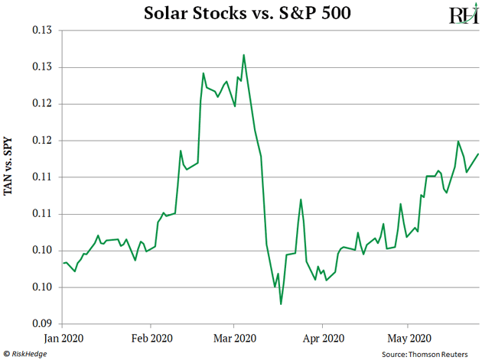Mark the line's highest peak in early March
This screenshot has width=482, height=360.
243,55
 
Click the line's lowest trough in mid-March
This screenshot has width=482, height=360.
281,304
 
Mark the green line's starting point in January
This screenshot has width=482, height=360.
63,263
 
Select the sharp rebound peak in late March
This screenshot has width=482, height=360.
301,199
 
